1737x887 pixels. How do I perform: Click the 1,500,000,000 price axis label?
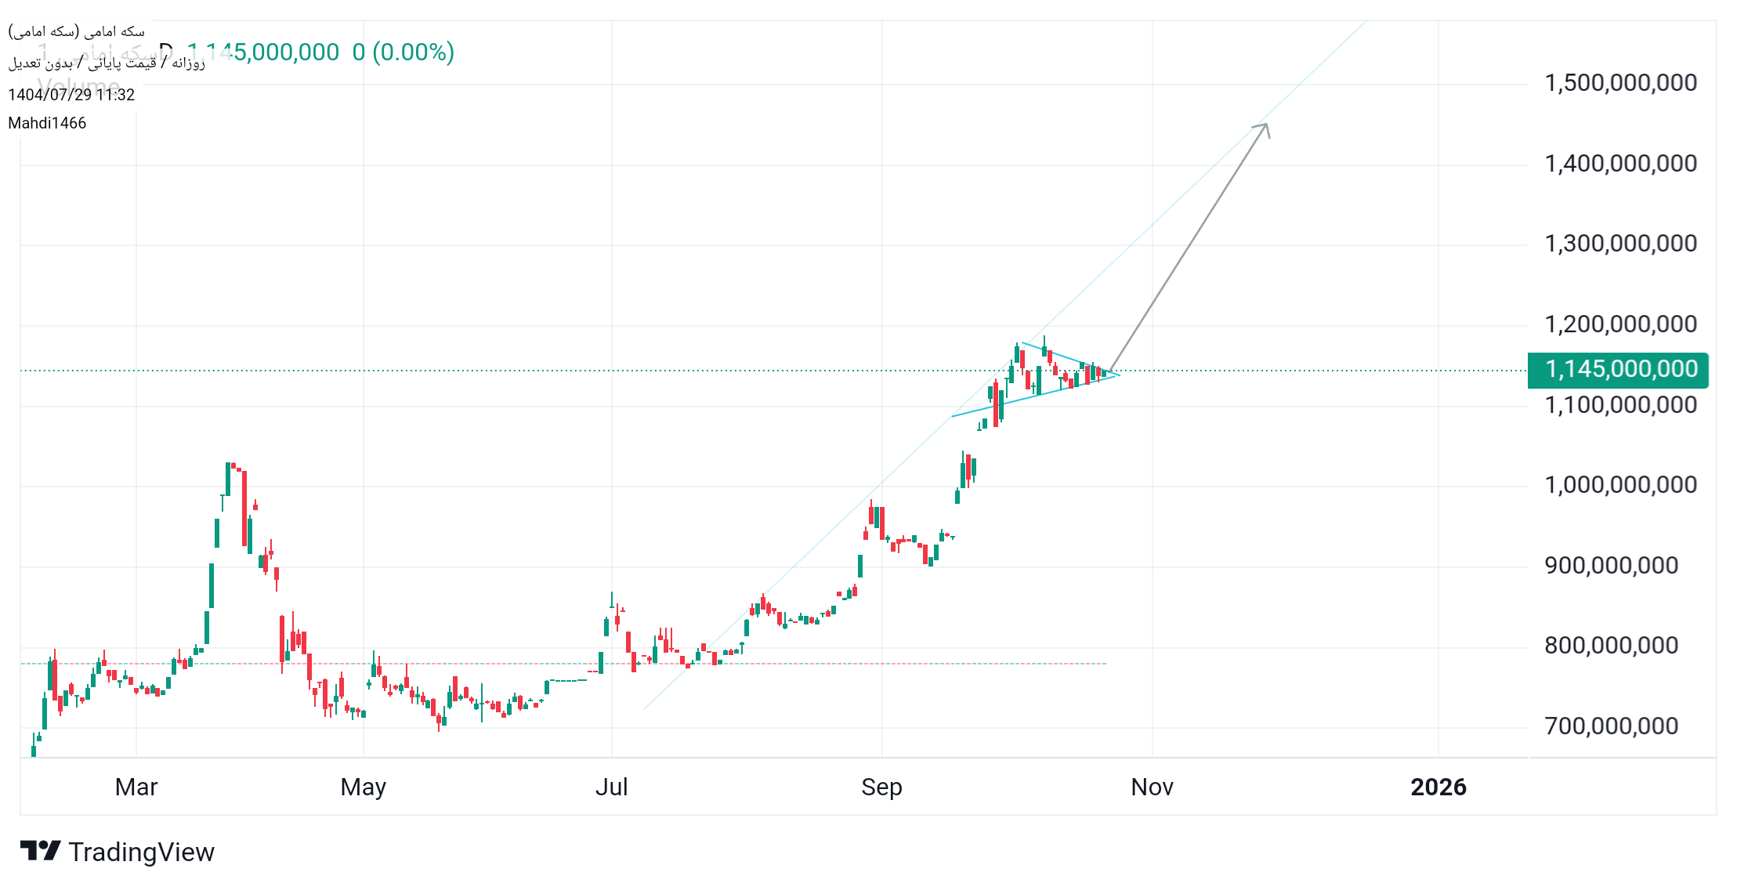point(1619,83)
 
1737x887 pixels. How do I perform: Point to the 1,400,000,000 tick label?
point(1619,164)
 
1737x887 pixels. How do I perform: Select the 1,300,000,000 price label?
point(1619,244)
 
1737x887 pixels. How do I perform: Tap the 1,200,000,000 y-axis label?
point(1619,324)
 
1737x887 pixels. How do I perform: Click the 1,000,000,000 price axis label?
point(1619,485)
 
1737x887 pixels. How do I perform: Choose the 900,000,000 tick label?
point(1610,566)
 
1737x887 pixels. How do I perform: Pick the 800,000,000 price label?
point(1610,646)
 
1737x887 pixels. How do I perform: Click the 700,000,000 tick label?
point(1610,726)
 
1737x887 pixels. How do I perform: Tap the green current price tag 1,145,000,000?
point(1619,370)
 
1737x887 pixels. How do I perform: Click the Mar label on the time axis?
point(136,787)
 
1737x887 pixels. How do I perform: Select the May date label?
point(364,787)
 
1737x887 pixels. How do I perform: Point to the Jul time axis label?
point(611,787)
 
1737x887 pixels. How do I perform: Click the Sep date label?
point(881,787)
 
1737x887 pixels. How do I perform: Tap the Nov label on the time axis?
point(1152,787)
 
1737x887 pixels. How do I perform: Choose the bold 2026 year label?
point(1438,787)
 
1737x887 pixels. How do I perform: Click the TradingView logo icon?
point(40,851)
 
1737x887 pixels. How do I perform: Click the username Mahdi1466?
point(47,123)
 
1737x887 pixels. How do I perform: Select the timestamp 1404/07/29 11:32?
point(71,95)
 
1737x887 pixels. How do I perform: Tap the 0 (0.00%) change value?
point(403,52)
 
